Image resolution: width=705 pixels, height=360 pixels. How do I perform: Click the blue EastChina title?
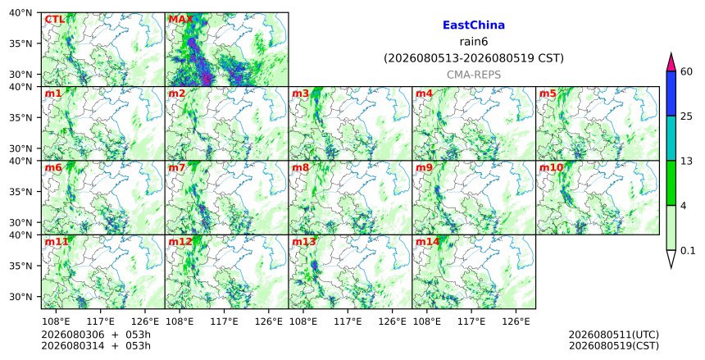click(474, 25)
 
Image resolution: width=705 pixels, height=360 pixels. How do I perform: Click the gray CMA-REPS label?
click(474, 75)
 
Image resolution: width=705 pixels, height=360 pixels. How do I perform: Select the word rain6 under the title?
click(474, 42)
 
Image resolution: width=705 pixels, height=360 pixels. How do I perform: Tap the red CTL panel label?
click(54, 20)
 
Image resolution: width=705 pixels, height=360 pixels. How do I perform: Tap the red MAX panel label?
click(180, 20)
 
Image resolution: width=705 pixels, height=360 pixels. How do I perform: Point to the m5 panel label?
click(548, 93)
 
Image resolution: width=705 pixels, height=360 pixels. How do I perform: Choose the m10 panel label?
click(551, 168)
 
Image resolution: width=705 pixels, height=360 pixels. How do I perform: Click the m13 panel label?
click(304, 242)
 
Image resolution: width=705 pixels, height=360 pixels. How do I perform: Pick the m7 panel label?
click(177, 168)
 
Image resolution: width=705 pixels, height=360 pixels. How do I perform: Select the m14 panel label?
click(427, 242)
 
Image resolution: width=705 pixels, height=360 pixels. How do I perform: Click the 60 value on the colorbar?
click(686, 71)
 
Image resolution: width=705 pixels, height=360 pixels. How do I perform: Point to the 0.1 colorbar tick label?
click(688, 251)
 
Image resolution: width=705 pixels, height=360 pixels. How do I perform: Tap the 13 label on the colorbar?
click(686, 161)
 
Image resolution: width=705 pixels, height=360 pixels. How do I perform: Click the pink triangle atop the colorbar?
click(671, 62)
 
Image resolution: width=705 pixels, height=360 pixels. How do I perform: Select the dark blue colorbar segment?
click(671, 93)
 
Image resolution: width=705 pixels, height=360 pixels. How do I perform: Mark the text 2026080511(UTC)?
click(614, 335)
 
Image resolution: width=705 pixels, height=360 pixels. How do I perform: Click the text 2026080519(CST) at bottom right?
click(614, 345)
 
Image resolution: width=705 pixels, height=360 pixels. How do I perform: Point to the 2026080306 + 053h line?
click(96, 335)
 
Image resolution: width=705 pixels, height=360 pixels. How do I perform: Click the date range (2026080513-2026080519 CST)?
click(474, 58)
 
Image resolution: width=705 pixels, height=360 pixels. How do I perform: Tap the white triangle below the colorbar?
click(671, 257)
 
